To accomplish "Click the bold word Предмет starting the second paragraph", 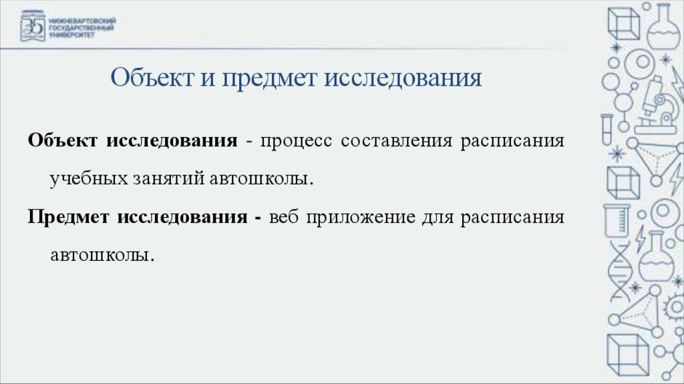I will click(69, 217).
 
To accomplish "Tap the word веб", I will click(283, 217).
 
